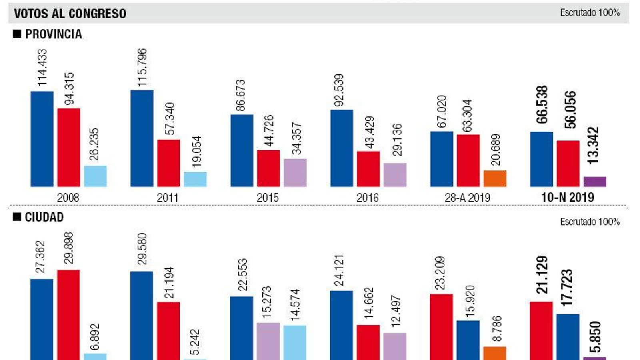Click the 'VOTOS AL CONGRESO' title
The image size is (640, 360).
70,14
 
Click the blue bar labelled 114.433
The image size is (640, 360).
42,139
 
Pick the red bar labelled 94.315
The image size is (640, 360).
68,147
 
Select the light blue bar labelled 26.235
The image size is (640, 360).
95,176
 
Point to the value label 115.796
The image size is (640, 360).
142,68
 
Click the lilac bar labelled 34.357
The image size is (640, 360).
295,173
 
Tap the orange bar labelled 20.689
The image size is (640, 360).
495,178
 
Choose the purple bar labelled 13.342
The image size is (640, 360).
595,182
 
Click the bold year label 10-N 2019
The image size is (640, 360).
568,197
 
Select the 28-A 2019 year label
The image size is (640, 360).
467,198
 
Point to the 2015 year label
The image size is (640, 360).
267,198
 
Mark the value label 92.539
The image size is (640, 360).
339,90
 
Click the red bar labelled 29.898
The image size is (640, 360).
68,315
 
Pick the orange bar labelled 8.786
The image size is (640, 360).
495,353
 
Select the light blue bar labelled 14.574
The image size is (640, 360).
295,342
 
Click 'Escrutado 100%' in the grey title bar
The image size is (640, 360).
590,13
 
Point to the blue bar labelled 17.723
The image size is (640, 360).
568,337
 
